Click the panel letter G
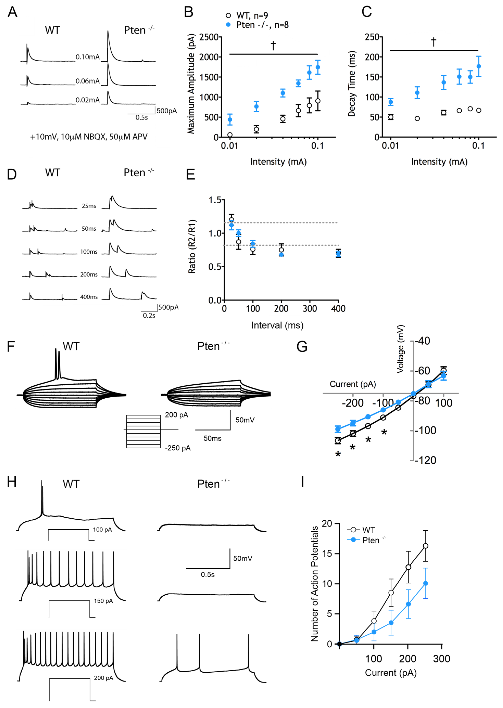302,347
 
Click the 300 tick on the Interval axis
310,309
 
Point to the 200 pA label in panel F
176,415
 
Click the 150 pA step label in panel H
103,601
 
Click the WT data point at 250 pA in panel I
426,546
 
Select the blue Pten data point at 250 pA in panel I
426,583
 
